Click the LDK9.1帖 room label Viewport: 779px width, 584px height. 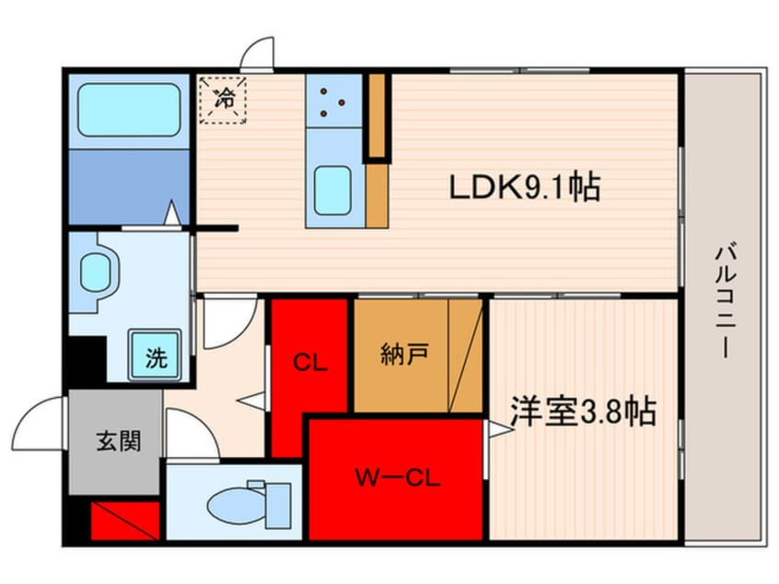pos(525,186)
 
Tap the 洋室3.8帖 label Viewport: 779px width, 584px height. pos(584,411)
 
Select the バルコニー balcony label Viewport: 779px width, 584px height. pos(726,299)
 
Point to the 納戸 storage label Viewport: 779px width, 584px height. pos(404,354)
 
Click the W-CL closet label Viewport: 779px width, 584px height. pos(397,478)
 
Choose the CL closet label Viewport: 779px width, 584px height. pos(310,362)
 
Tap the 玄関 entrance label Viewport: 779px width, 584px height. pos(118,440)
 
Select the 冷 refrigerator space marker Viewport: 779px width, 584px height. pos(223,99)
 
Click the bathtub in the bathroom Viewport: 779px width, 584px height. pos(129,110)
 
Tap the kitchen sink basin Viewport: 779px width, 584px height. pos(332,191)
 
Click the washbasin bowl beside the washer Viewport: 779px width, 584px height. pos(96,272)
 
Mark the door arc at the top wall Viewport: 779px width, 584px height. pos(256,53)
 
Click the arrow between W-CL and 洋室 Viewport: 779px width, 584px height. pos(500,429)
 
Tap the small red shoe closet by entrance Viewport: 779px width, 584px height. pos(125,520)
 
